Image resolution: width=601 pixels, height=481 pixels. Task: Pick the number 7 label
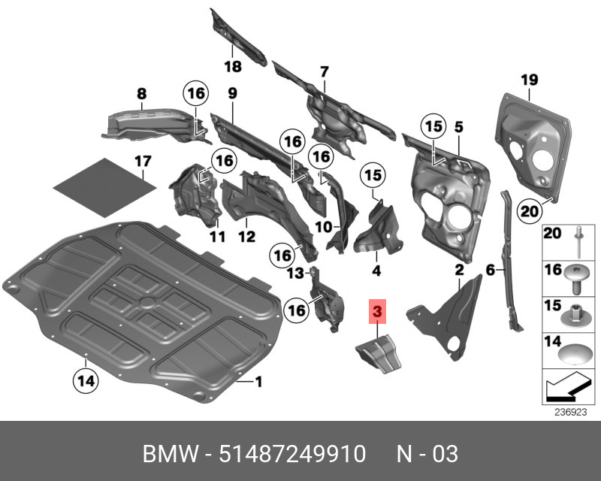(x=325, y=72)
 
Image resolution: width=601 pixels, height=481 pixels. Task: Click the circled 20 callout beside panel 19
(x=530, y=211)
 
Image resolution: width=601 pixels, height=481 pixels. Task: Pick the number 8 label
(x=141, y=95)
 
